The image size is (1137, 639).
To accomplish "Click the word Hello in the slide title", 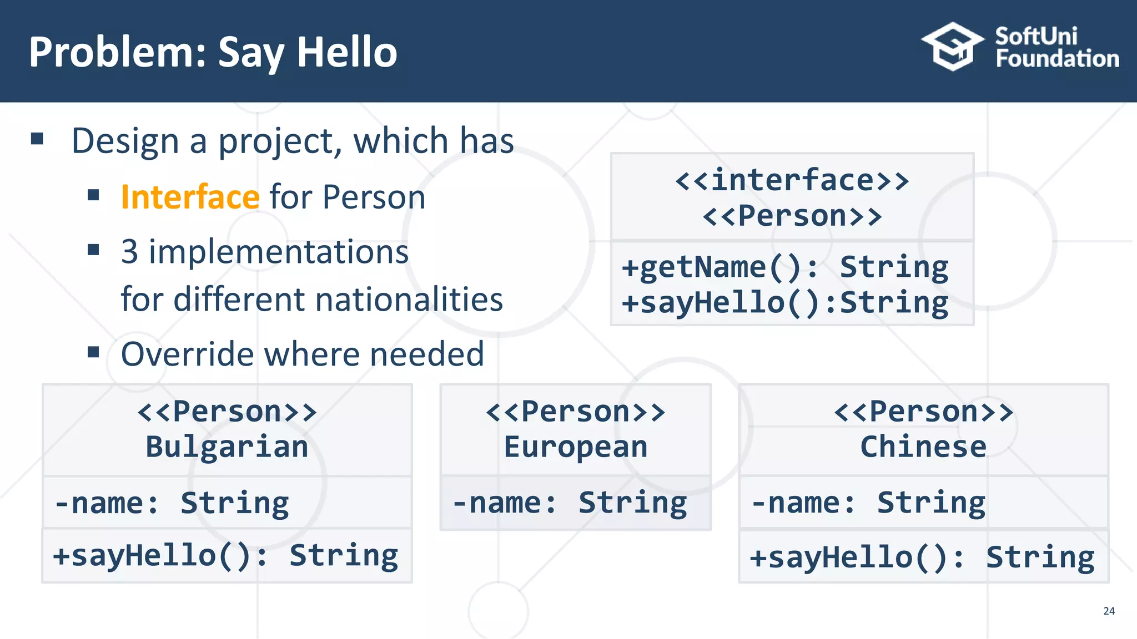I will coord(347,52).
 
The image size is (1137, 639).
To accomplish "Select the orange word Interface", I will coord(190,197).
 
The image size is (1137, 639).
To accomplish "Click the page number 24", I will coord(1109,611).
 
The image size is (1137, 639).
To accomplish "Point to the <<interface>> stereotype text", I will coord(792,180).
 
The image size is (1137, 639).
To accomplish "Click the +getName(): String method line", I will coord(785,267).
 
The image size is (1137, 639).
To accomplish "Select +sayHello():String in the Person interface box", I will coord(785,303).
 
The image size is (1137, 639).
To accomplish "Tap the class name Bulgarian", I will coord(227,447).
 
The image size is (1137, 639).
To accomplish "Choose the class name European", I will coord(576,447).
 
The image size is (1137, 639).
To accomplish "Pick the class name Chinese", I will coord(923,447).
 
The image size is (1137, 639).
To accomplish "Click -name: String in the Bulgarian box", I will coord(172,504).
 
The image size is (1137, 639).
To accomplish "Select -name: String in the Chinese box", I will coord(868,504).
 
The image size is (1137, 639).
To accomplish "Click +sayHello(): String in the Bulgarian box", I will coord(225,556).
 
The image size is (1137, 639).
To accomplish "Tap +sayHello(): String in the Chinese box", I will coord(922,557).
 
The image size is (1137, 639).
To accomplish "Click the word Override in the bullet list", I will coord(188,354).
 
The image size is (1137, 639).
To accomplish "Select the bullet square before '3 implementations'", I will coord(93,250).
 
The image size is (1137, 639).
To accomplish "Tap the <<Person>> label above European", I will coord(576,412).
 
